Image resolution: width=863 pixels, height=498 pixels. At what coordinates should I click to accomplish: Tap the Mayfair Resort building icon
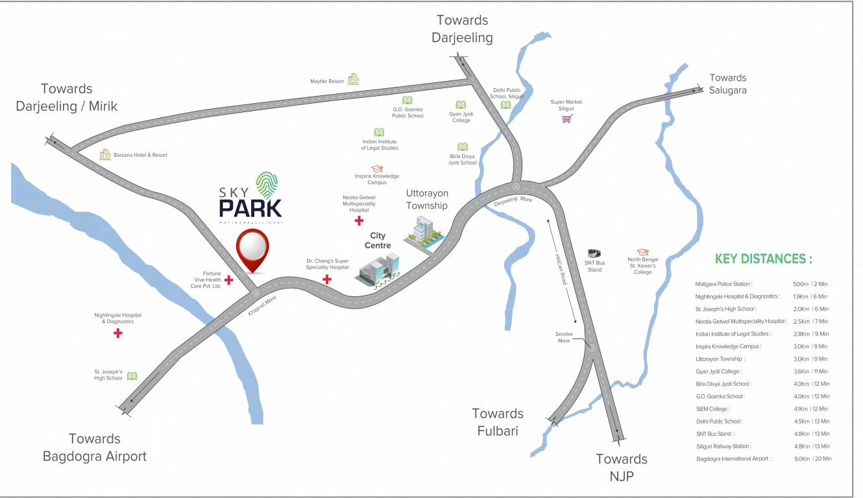click(354, 80)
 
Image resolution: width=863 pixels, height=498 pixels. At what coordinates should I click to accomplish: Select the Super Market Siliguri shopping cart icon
click(567, 119)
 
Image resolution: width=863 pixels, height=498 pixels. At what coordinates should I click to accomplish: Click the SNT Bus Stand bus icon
click(594, 254)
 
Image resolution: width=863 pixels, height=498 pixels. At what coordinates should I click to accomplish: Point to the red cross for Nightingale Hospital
click(117, 333)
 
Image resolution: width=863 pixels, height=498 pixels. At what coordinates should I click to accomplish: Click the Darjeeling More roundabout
click(516, 188)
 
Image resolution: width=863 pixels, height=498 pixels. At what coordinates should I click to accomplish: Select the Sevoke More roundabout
click(592, 348)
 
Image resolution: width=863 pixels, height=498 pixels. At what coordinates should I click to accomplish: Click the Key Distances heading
click(763, 259)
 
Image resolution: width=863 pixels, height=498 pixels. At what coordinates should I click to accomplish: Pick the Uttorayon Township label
click(426, 199)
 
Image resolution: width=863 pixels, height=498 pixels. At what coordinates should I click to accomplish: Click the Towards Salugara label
click(727, 84)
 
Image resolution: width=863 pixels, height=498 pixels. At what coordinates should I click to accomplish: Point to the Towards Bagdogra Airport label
click(95, 447)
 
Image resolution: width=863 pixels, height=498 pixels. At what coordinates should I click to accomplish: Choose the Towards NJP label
click(622, 468)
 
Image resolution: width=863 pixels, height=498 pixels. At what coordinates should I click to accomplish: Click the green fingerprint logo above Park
click(269, 185)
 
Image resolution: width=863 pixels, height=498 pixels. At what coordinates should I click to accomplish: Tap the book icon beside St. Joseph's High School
click(132, 376)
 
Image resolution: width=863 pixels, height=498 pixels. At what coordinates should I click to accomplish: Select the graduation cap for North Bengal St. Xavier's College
click(642, 252)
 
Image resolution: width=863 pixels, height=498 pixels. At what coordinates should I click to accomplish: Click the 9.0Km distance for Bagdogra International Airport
click(802, 458)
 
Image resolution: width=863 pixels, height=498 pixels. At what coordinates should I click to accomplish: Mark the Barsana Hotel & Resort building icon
click(105, 154)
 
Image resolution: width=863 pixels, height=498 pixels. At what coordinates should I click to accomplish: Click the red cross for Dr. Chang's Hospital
click(327, 280)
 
